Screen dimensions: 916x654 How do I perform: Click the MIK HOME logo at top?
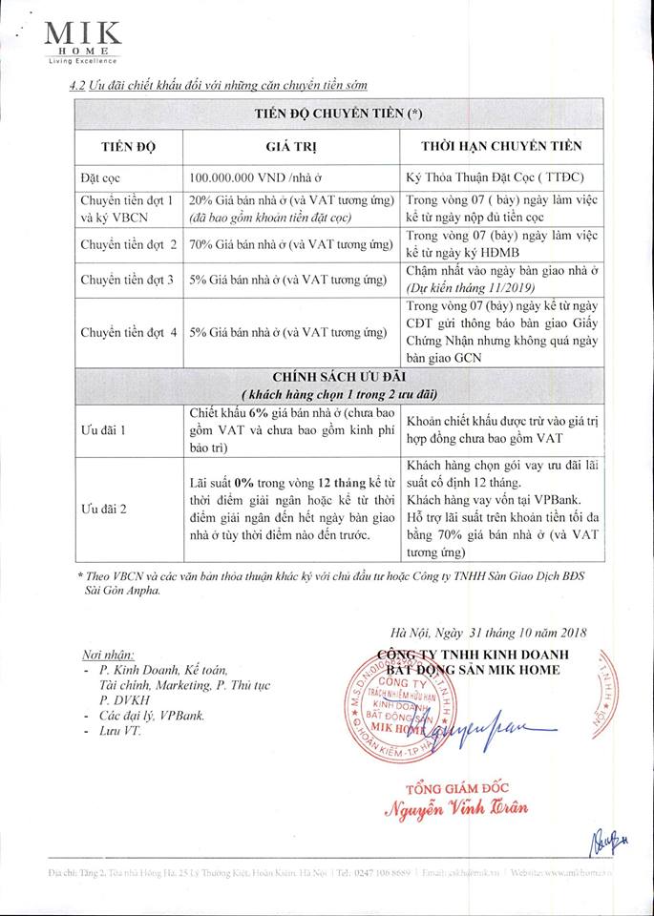pyautogui.click(x=84, y=42)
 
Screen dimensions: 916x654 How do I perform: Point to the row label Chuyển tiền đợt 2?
pyautogui.click(x=129, y=243)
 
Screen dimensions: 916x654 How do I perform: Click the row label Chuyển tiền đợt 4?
pyautogui.click(x=129, y=332)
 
